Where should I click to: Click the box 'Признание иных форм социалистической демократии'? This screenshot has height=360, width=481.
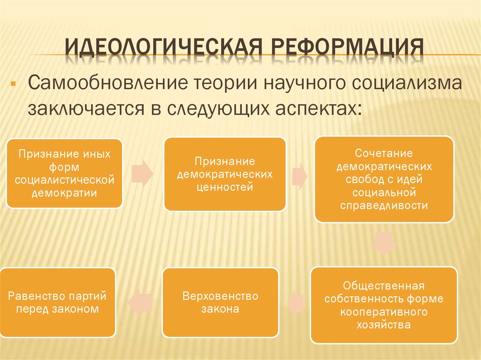click(65, 173)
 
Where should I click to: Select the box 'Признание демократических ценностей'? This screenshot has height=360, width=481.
click(225, 174)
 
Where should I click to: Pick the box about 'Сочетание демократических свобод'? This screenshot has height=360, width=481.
click(384, 179)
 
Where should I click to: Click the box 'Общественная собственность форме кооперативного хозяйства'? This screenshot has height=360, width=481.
click(383, 305)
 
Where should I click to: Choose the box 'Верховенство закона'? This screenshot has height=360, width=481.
click(220, 303)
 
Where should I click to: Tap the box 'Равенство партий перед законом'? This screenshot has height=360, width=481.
click(58, 303)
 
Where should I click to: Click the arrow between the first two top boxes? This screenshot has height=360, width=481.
click(142, 173)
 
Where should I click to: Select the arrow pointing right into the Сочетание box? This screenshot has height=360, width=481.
click(299, 176)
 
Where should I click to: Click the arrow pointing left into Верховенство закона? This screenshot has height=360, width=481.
click(295, 302)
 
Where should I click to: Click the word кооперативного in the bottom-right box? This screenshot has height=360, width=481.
click(383, 312)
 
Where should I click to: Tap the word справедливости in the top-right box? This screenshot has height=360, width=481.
click(384, 205)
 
